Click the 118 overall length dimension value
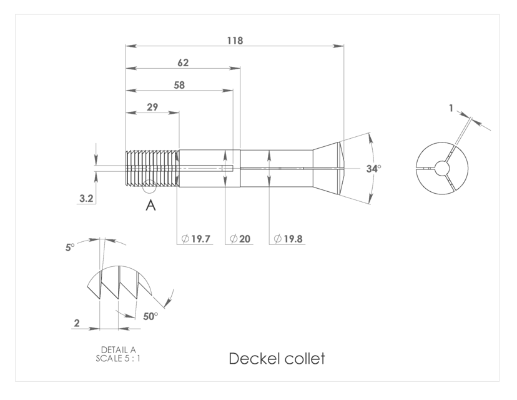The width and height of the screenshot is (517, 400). (235, 40)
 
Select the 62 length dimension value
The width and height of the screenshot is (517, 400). (183, 62)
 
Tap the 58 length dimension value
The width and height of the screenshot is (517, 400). (179, 85)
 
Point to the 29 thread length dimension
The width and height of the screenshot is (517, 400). (152, 107)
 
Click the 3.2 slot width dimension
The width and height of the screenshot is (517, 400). (86, 199)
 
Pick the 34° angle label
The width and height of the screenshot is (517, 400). (373, 169)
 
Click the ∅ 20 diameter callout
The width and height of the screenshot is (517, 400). (240, 239)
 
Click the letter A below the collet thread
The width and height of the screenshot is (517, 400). (150, 206)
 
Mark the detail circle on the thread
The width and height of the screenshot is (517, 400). (149, 186)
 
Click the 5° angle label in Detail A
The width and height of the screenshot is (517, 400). (69, 247)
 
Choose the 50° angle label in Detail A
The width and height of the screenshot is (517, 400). (150, 316)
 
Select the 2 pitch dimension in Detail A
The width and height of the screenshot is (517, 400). (77, 323)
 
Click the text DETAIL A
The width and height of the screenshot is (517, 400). (118, 349)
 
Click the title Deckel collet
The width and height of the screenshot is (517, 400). (277, 359)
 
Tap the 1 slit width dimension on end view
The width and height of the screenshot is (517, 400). (451, 108)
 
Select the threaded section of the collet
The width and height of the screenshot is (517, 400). (152, 169)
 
